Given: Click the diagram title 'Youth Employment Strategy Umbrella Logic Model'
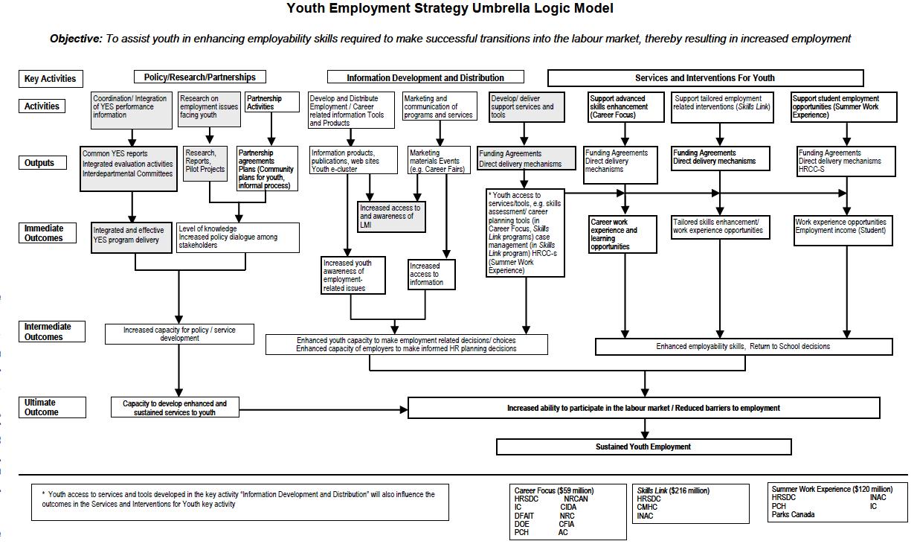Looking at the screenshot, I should pos(450,9).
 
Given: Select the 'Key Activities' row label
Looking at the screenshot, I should pos(50,79).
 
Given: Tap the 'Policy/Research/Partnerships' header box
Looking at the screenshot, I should pos(199,77).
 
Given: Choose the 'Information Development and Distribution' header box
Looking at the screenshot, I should pos(425,77).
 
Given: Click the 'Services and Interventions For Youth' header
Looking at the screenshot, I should pos(705,77).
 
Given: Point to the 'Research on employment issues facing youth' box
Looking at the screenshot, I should pos(209,107).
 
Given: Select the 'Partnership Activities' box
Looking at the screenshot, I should pos(271,103).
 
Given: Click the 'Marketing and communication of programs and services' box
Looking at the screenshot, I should pos(439,106).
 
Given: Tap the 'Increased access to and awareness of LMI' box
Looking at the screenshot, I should pos(391,217).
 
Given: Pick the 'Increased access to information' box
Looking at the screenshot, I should pos(431,275).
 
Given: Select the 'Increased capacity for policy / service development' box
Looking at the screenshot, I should pos(179,333).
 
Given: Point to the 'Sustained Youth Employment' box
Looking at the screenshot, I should pos(643,447).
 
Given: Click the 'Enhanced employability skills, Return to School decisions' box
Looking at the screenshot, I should pos(743,346).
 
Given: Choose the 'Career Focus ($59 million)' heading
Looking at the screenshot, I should pos(553,490).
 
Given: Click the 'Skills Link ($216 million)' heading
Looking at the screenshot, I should pos(673,490).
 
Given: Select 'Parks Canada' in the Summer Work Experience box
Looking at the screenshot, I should pos(793,514).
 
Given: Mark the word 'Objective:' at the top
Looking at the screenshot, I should pos(76,39).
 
